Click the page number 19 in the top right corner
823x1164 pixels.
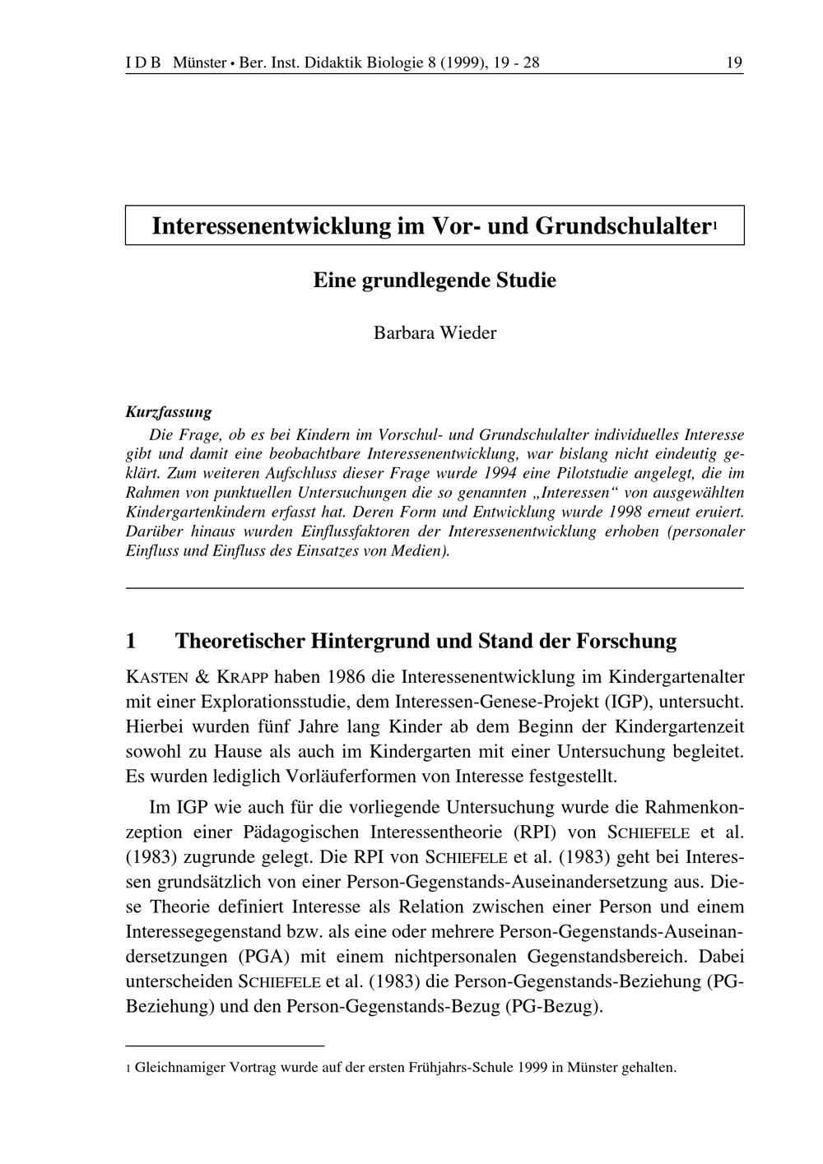(734, 63)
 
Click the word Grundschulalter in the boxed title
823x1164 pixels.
(622, 225)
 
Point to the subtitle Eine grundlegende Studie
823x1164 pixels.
(435, 281)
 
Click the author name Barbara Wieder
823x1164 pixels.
(435, 333)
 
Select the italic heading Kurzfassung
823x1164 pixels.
(169, 412)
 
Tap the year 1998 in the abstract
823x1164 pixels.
(648, 512)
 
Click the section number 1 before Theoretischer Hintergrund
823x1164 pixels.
(131, 641)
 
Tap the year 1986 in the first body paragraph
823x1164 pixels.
(345, 678)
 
